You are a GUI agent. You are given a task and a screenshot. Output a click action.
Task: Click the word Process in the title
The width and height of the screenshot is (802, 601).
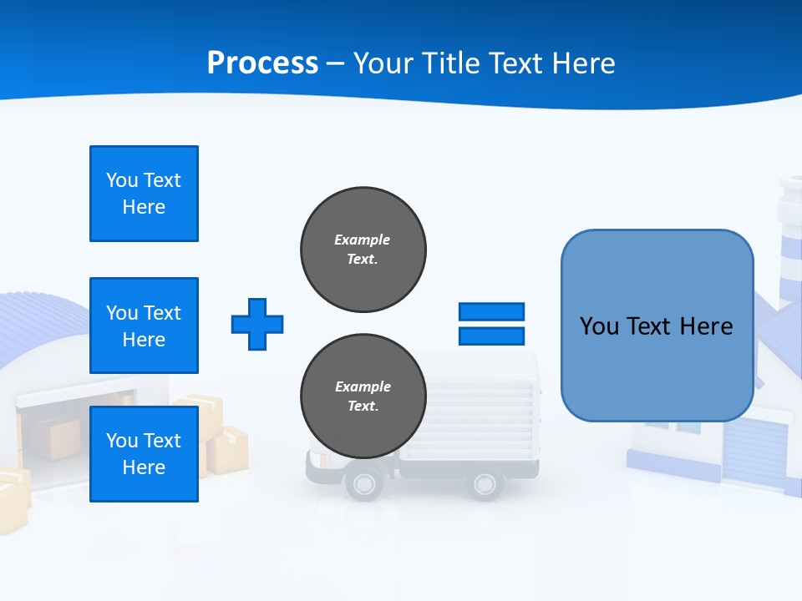[x=262, y=63]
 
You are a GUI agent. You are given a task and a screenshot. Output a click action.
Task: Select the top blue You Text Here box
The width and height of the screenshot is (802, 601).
[x=144, y=194]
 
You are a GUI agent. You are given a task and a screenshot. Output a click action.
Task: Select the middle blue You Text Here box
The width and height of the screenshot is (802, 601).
[x=144, y=326]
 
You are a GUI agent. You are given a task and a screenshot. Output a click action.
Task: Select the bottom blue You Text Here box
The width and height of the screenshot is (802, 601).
[x=144, y=454]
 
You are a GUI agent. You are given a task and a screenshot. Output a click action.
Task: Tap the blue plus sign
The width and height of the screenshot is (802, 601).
[x=257, y=324]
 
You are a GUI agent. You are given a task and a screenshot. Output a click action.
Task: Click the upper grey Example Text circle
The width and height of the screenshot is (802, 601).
[x=363, y=250]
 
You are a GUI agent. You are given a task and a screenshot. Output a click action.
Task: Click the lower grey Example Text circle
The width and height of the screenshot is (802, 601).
[x=363, y=396]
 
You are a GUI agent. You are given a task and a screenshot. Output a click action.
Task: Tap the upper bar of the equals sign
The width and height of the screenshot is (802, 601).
[x=491, y=311]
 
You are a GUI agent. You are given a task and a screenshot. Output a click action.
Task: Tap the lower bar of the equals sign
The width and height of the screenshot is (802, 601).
[x=491, y=336]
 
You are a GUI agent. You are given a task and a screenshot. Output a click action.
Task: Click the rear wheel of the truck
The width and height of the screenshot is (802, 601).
[x=485, y=483]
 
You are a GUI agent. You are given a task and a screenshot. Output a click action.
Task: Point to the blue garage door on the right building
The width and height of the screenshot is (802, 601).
[x=754, y=451]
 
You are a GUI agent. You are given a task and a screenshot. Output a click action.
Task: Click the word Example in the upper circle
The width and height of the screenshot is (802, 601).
[x=363, y=240]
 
